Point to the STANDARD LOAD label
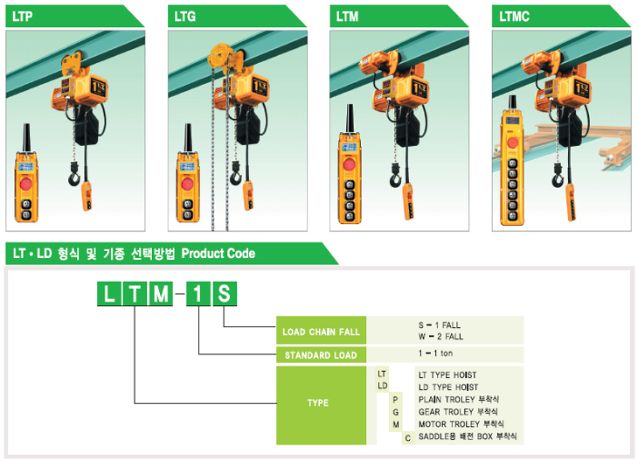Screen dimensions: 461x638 pos(321,355)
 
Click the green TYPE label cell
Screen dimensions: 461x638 pos(318,402)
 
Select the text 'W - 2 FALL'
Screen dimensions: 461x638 pos(440,337)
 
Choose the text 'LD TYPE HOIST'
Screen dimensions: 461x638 pos(447,387)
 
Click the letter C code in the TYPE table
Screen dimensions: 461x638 pos(407,436)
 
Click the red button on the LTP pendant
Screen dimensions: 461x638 pos(25,185)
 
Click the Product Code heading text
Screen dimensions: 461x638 pos(218,254)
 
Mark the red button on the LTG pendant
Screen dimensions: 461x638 pos(186,185)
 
